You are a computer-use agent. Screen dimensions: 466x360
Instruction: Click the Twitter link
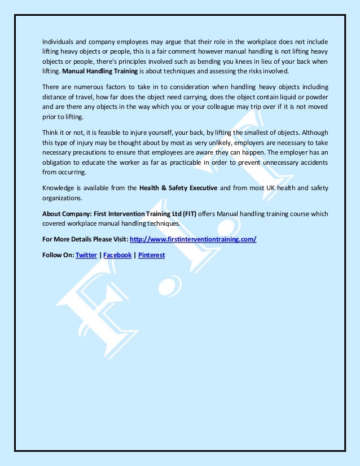(x=86, y=255)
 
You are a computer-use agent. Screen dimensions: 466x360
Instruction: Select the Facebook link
(x=117, y=255)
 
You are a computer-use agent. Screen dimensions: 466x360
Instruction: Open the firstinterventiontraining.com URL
(x=193, y=239)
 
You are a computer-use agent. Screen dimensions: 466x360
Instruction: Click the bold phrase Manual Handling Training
(x=99, y=72)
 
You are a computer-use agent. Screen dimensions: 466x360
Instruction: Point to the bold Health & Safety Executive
(x=178, y=188)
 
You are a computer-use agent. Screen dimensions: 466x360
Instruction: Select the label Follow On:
(x=58, y=255)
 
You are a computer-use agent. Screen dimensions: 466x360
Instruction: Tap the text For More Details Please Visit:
(x=85, y=239)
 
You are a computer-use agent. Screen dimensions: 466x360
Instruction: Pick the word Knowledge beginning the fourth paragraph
(x=59, y=188)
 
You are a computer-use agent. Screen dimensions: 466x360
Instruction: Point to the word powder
(x=316, y=96)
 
